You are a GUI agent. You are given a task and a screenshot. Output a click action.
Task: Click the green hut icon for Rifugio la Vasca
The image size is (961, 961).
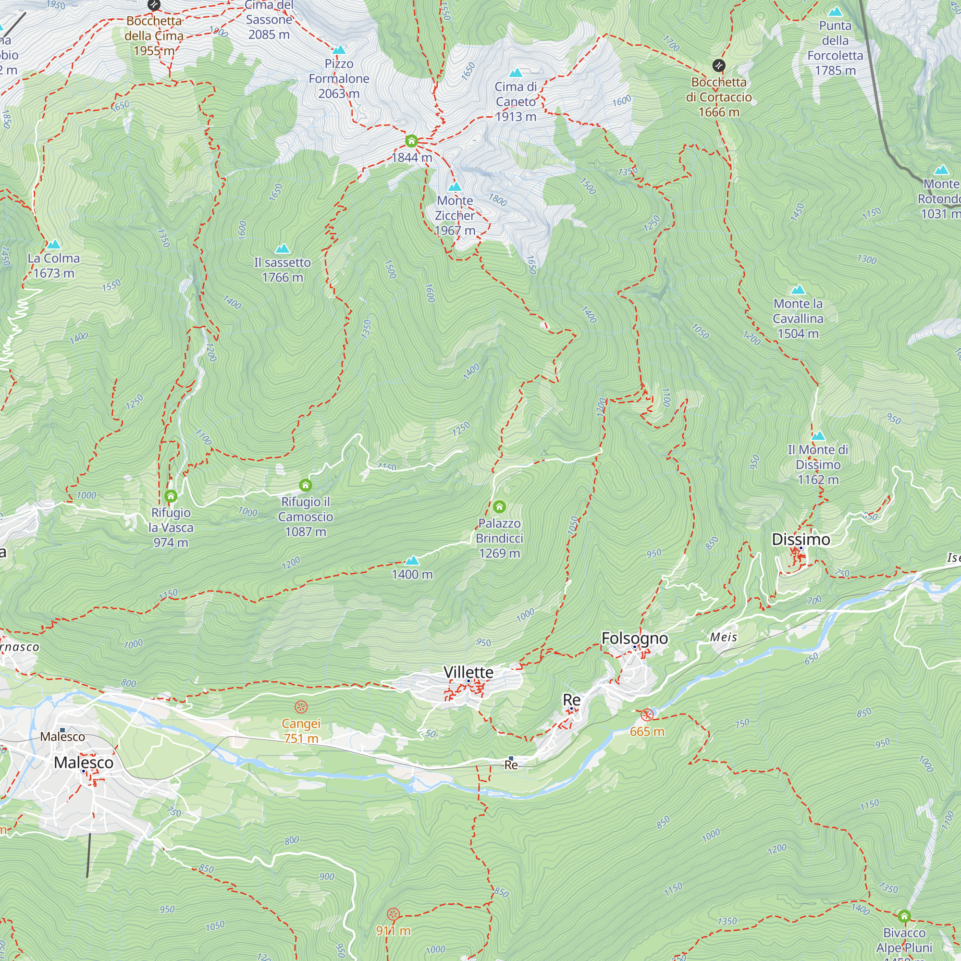coord(171,496)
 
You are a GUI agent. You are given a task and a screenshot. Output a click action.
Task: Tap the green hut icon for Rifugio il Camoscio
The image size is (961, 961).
coord(306,485)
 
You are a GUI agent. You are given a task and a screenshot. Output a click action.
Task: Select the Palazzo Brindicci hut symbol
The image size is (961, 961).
coord(499,507)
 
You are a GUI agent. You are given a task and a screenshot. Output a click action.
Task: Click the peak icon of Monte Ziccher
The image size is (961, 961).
coord(455,187)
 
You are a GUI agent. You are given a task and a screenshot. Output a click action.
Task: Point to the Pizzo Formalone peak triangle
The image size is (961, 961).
coord(339,50)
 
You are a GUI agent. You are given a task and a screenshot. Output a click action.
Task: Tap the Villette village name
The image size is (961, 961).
coord(468,672)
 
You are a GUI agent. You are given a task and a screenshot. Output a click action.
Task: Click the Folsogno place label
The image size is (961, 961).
coord(634,638)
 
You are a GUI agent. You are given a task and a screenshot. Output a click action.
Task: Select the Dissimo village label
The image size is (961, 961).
coord(801,539)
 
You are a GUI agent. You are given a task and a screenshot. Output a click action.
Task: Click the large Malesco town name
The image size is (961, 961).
coord(84,763)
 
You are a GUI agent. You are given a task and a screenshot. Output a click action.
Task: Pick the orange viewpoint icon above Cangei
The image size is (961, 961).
coord(301,707)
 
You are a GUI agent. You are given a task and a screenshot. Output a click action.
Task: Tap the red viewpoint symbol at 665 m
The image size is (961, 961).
coord(647,715)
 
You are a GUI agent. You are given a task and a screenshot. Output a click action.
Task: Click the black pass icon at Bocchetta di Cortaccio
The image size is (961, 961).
coord(718,65)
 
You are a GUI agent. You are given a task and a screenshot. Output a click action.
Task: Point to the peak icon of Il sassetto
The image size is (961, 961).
coord(282,248)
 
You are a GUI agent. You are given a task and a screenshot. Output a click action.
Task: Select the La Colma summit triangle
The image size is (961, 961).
coord(53,244)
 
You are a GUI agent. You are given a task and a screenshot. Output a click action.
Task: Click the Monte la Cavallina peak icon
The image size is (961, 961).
coord(798,289)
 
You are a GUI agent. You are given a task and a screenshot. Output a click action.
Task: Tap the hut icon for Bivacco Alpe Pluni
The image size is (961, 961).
coord(904,916)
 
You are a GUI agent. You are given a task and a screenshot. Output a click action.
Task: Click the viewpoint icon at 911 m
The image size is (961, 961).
coord(393,914)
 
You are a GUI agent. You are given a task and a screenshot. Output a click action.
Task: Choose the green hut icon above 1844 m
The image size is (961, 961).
coord(411,141)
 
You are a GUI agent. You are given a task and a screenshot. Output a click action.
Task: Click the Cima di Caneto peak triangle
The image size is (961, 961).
coord(516,73)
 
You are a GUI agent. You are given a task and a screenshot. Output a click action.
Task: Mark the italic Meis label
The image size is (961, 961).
coord(723,637)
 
